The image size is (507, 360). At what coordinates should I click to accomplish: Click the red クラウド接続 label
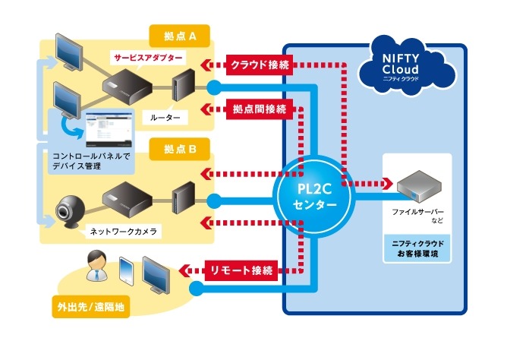tap(259, 65)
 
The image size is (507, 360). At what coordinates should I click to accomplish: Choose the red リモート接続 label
tap(241, 268)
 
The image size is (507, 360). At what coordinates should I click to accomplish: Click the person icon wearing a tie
tap(97, 266)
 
